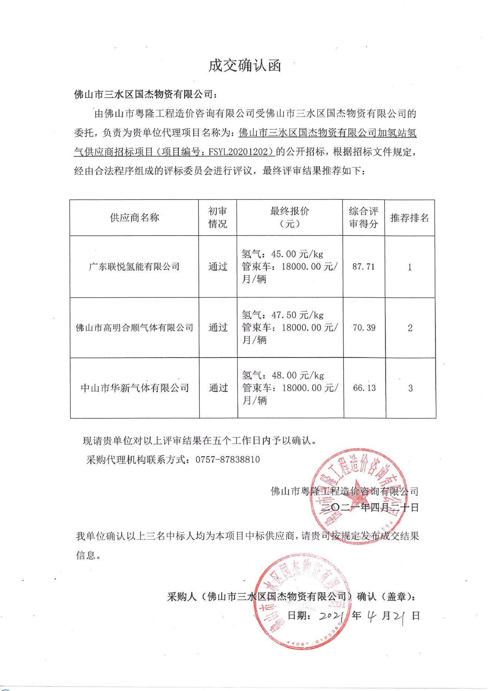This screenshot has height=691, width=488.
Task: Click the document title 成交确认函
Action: [x=245, y=66]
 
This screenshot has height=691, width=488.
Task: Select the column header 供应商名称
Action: [x=134, y=218]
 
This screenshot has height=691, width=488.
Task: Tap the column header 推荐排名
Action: [x=409, y=218]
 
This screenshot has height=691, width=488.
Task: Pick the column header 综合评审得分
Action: [x=363, y=217]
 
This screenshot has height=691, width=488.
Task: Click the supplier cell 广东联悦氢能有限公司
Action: [x=134, y=267]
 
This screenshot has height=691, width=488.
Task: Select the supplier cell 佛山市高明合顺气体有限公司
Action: [x=135, y=328]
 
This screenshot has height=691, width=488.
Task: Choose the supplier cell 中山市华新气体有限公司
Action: [x=135, y=388]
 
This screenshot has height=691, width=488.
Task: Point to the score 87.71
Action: [x=363, y=267]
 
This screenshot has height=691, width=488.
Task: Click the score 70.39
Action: [x=364, y=328]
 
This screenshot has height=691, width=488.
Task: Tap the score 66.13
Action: [x=364, y=388]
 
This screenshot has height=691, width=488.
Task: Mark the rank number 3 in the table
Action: [x=410, y=388]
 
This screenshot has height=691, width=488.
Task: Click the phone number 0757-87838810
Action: [x=228, y=460]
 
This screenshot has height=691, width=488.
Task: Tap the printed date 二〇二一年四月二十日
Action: [x=369, y=507]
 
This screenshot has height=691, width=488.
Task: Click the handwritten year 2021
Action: [x=331, y=616]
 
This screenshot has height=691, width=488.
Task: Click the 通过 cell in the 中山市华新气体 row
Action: [x=218, y=388]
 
